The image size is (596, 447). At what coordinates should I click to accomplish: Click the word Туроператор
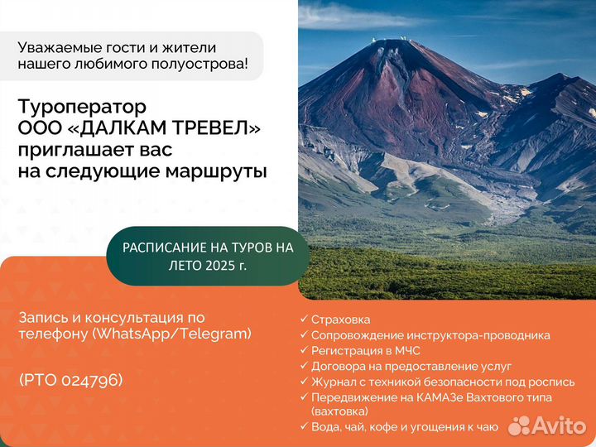[82, 108]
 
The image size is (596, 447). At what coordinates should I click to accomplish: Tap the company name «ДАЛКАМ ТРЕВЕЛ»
[164, 128]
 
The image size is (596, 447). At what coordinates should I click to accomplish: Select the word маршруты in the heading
[216, 171]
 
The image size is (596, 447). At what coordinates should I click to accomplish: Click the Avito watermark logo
[547, 425]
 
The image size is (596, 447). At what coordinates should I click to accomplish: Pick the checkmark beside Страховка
[303, 319]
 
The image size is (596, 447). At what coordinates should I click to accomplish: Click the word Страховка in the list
[340, 320]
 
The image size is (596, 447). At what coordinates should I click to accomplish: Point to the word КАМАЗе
[440, 397]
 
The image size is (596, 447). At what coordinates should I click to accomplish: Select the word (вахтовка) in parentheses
[339, 411]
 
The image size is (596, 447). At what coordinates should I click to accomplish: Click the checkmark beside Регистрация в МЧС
[303, 350]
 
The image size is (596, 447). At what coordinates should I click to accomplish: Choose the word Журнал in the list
[332, 382]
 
